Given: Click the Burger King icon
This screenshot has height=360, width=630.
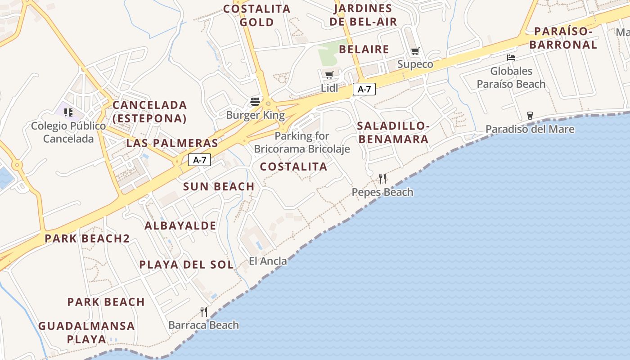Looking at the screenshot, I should [255, 101].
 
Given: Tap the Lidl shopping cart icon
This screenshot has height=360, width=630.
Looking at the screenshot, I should [329, 75].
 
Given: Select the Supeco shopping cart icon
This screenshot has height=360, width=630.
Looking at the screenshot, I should [415, 51].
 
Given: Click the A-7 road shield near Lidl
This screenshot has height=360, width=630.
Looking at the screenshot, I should [364, 89].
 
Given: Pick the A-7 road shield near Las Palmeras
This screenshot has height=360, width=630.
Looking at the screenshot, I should [199, 160].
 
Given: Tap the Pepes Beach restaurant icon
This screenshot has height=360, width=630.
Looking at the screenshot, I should [382, 179].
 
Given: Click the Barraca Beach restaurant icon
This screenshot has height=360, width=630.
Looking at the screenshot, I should [204, 311].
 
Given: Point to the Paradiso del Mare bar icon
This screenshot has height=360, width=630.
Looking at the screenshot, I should [530, 116].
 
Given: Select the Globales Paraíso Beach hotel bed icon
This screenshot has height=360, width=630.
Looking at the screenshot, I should [511, 58].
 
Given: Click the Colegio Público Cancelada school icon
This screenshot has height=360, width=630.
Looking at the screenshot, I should [68, 112].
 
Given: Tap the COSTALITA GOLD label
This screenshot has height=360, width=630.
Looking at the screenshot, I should [257, 15].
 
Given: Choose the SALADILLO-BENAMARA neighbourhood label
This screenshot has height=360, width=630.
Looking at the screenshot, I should [393, 132].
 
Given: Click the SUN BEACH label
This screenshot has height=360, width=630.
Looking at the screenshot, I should [219, 186].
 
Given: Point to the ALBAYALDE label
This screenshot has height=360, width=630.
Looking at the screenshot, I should [180, 226].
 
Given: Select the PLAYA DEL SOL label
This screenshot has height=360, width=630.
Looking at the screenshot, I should [186, 265].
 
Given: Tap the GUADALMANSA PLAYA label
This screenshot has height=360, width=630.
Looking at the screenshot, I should [86, 332].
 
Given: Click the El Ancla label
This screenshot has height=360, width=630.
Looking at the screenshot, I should [268, 261].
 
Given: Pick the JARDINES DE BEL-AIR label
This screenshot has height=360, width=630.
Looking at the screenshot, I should [363, 15].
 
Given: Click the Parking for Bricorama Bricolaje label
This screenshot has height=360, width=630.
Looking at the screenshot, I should [302, 142].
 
